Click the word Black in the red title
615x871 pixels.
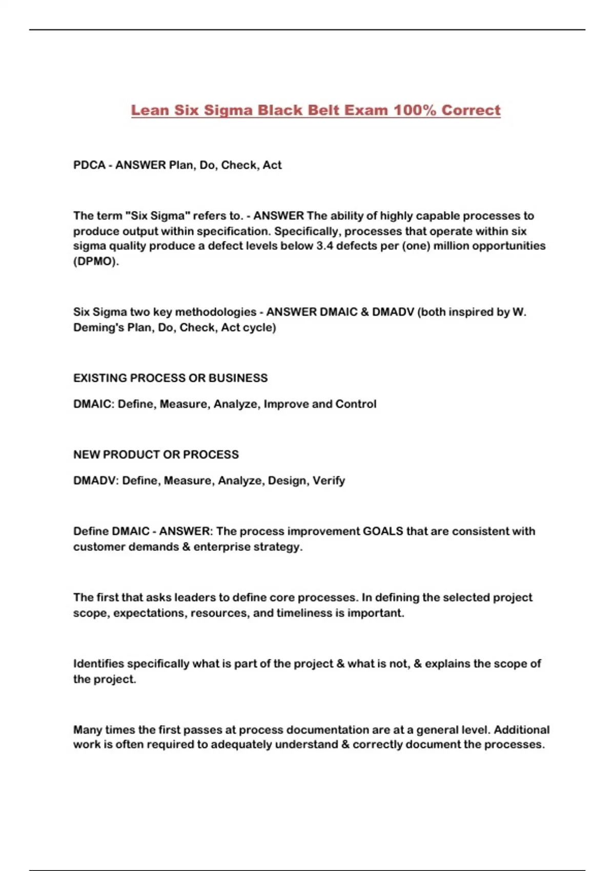[x=280, y=110]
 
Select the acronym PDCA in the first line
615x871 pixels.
[x=89, y=165]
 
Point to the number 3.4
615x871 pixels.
[x=324, y=246]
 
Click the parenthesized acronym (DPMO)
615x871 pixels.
[x=96, y=261]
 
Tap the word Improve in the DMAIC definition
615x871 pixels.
[x=286, y=404]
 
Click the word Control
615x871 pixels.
[x=356, y=404]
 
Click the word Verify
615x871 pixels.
[x=329, y=481]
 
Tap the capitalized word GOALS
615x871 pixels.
[x=383, y=531]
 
